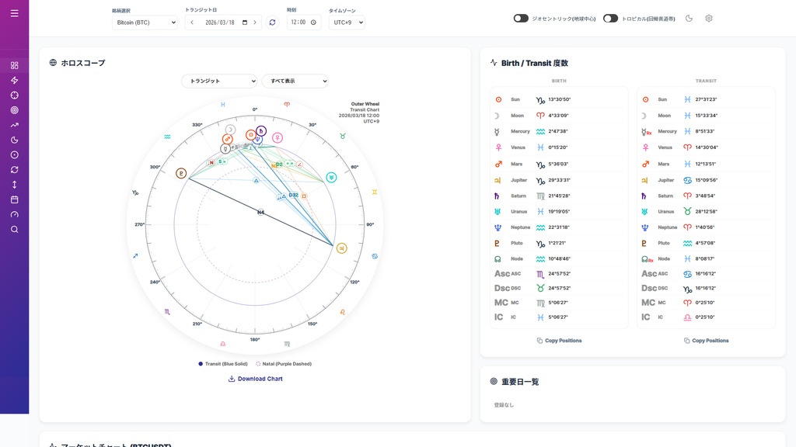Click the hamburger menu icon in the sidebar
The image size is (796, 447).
(x=14, y=13)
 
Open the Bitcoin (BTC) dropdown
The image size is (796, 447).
(x=145, y=23)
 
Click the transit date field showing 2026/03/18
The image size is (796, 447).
(x=223, y=23)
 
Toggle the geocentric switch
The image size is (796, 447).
(x=521, y=19)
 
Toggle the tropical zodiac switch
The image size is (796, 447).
(x=610, y=19)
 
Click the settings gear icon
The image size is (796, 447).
(x=708, y=19)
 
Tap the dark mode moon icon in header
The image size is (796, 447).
(x=689, y=19)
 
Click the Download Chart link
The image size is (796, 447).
(x=255, y=379)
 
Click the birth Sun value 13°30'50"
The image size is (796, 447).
(x=559, y=99)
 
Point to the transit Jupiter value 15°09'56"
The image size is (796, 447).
(x=706, y=180)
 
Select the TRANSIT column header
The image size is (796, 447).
(x=706, y=81)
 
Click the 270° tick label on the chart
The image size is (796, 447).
(x=140, y=224)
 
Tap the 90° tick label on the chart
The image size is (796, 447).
(x=370, y=224)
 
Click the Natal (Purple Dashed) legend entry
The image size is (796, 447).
(x=284, y=363)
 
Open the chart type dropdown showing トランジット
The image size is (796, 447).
(x=218, y=81)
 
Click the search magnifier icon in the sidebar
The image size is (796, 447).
(x=14, y=230)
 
